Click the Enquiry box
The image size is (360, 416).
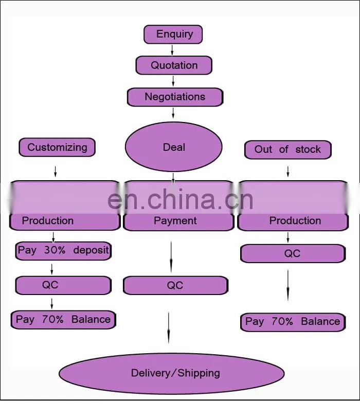click(173, 34)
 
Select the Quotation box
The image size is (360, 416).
click(174, 65)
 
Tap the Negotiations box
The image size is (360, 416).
click(175, 97)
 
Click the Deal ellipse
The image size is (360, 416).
click(174, 147)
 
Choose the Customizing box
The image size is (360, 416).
click(57, 147)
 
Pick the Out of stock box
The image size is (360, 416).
click(288, 150)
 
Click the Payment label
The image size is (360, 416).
click(175, 221)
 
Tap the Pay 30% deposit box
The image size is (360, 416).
click(63, 251)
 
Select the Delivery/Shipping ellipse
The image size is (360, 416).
click(172, 373)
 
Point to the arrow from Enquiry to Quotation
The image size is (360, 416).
click(172, 50)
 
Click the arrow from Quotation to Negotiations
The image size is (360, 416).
click(173, 81)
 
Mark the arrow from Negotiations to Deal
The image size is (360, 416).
click(173, 113)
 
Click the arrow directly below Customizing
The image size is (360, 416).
click(56, 171)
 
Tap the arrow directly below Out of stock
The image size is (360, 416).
click(288, 171)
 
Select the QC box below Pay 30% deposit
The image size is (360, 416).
click(63, 285)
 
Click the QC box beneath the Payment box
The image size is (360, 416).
click(176, 285)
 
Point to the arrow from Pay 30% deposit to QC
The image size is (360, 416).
click(52, 269)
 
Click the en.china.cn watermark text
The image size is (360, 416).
click(181, 200)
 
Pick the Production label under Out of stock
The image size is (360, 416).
click(295, 221)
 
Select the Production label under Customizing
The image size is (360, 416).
click(48, 221)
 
